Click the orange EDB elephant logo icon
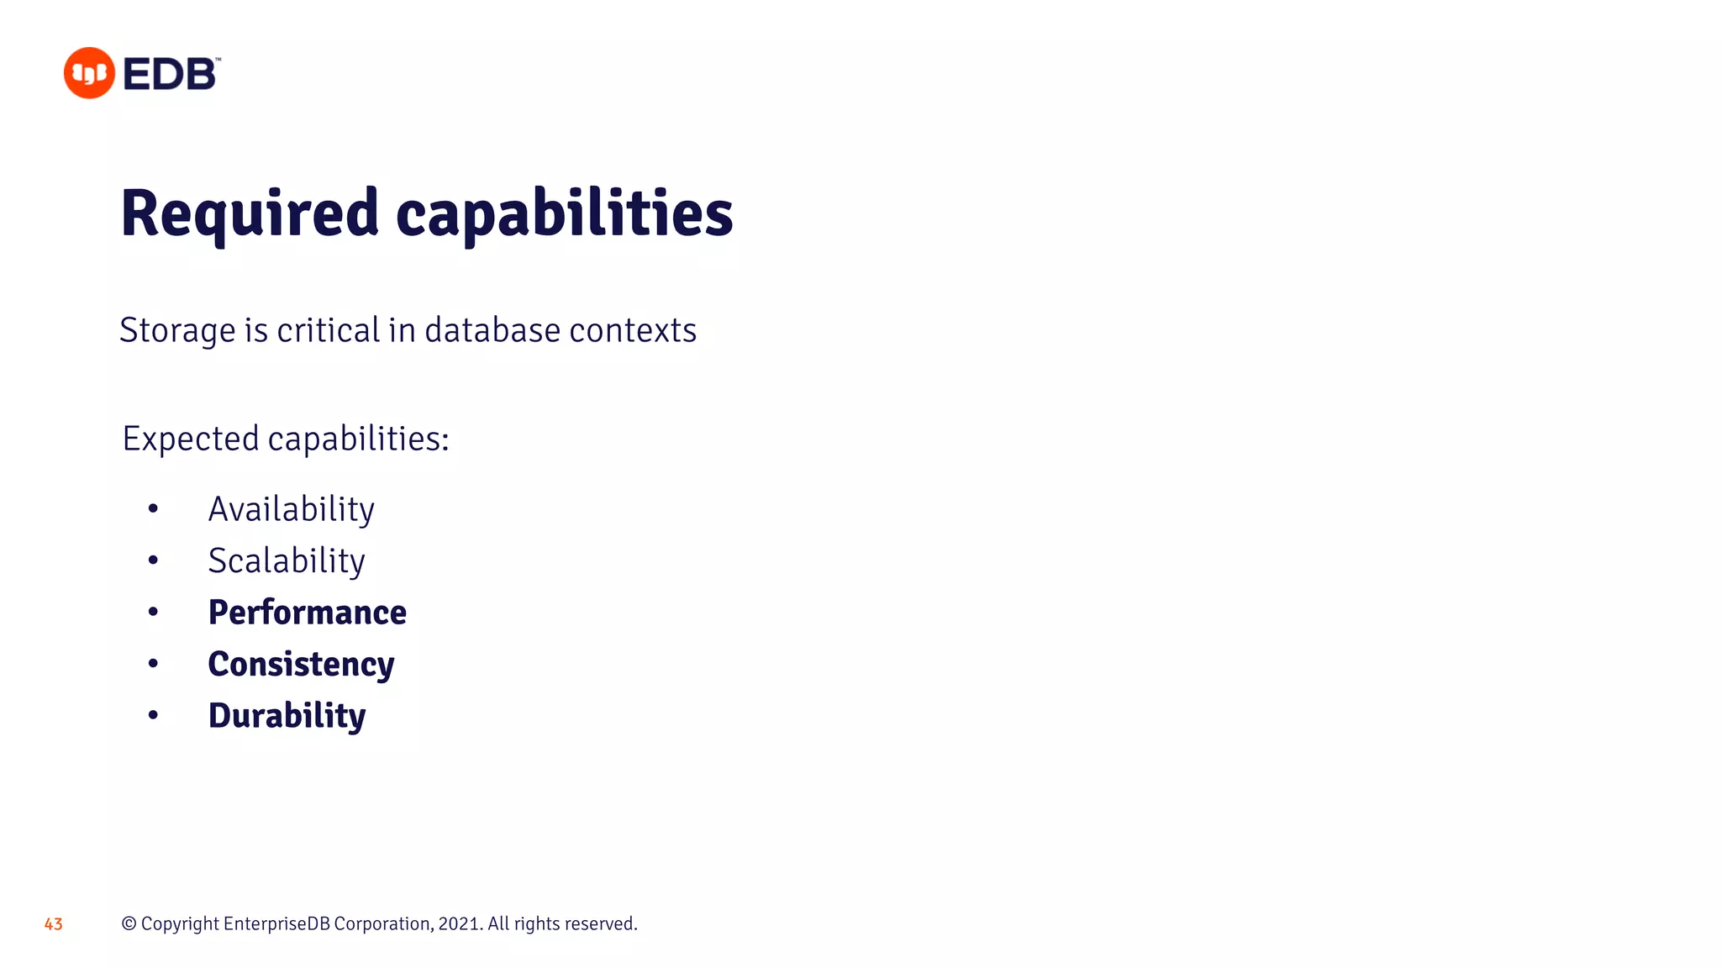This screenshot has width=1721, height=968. (x=89, y=73)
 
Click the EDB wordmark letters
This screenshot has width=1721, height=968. (x=171, y=74)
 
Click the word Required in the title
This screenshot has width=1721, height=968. (x=250, y=213)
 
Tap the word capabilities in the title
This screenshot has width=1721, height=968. (x=564, y=213)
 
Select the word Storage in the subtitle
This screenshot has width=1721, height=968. (x=176, y=331)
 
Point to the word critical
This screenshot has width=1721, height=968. (x=329, y=330)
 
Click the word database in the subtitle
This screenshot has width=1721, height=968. (x=492, y=330)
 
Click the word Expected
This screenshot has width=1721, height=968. (x=191, y=439)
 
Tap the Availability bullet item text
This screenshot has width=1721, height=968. (x=291, y=509)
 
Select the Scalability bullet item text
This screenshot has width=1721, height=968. (x=287, y=561)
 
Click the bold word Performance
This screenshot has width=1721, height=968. (x=307, y=613)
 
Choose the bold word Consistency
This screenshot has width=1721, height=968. (x=301, y=665)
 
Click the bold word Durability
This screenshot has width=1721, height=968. (x=287, y=716)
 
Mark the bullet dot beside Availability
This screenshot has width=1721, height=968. (x=153, y=508)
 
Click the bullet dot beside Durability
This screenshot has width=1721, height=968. (x=153, y=715)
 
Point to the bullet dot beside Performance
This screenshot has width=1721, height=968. (x=153, y=612)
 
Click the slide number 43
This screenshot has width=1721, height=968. (x=53, y=924)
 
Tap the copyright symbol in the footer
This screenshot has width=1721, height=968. (x=129, y=923)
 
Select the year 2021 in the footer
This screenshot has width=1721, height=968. (x=459, y=923)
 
